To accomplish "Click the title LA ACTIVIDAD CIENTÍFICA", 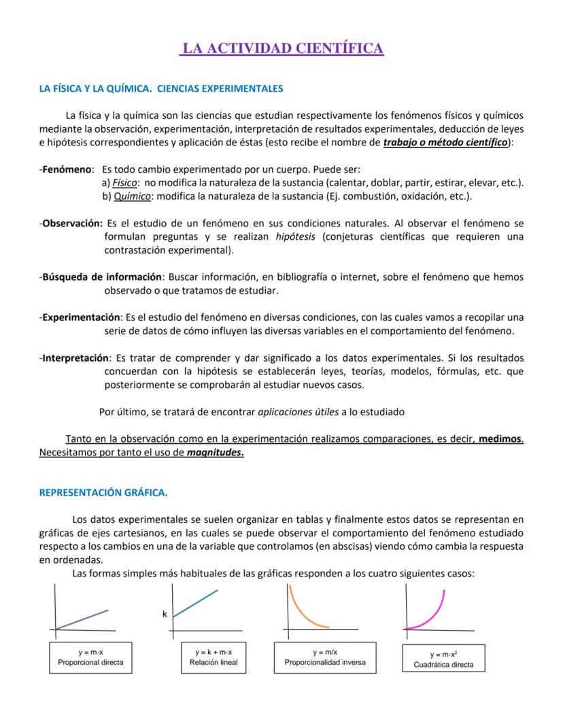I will click(x=281, y=48).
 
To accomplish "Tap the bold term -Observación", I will click(x=71, y=223).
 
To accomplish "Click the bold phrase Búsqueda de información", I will click(x=101, y=277).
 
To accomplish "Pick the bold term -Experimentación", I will click(x=80, y=317).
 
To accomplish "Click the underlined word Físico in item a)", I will click(x=124, y=183).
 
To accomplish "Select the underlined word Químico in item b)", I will click(x=131, y=196).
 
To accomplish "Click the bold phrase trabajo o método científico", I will click(x=445, y=143).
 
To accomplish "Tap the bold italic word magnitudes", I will click(x=215, y=452).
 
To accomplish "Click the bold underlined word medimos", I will click(x=500, y=439).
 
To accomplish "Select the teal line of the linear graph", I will click(x=196, y=603).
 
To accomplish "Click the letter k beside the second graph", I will click(x=165, y=614).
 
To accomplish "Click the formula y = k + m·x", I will click(x=214, y=652).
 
